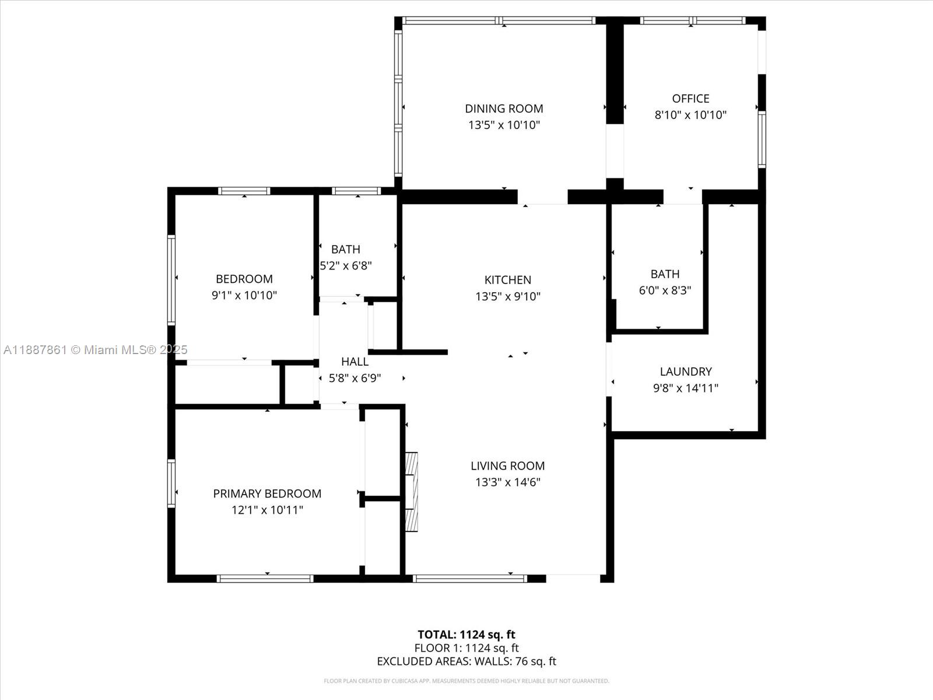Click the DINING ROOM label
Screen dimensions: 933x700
coord(504,109)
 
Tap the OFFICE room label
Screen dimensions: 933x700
coord(690,99)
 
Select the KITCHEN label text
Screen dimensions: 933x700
coord(507,280)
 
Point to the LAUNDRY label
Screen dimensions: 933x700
coord(686,372)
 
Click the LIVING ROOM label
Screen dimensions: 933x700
coord(507,466)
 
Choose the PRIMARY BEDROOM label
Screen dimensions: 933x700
coord(267,494)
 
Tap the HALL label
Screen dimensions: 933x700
coord(355,362)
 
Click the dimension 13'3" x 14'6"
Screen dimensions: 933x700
coord(507,482)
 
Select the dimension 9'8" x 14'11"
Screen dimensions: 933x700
coord(686,387)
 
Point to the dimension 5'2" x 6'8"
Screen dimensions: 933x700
coord(346,265)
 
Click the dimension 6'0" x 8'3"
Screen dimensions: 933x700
coord(665,290)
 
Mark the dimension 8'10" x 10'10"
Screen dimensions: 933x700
coord(690,115)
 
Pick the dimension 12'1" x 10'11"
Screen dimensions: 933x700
coord(267,510)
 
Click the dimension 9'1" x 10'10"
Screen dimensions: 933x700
coord(244,295)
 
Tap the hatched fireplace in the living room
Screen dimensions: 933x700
coord(412,492)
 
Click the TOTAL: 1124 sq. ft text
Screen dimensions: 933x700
coord(466,635)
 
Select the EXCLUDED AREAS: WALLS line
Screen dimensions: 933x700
coord(466,661)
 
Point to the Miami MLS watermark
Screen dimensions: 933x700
coord(95,350)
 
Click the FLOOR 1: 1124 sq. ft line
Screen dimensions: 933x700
coord(466,648)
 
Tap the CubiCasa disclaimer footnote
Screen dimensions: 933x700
coord(466,681)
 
